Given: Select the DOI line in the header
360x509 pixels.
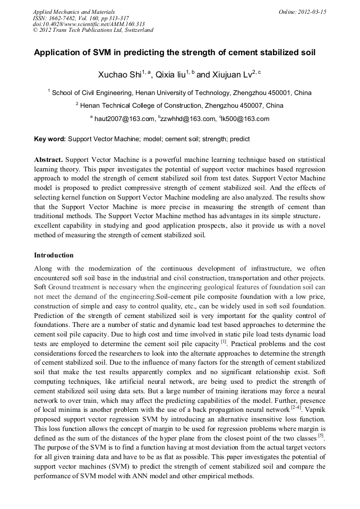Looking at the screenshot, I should click(x=89, y=24).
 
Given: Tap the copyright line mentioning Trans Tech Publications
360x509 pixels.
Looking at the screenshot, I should click(x=93, y=30).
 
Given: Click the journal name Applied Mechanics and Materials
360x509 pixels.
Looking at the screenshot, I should click(x=74, y=12).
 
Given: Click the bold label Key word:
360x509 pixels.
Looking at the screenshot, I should click(x=50, y=139).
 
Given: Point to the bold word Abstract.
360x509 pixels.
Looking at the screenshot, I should click(x=48, y=160).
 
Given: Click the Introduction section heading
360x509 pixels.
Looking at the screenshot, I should click(x=54, y=255).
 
